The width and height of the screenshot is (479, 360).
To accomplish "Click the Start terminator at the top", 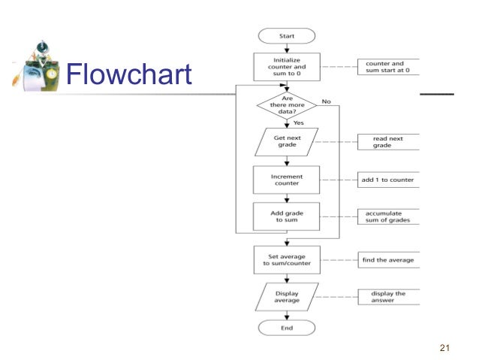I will tap(287, 36).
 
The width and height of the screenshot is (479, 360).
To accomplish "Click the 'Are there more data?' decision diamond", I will tap(286, 105).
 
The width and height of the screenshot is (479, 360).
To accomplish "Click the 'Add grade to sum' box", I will tap(286, 217).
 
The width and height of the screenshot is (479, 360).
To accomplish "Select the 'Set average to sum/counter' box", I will tap(286, 260).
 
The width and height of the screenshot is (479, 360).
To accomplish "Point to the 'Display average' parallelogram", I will tap(286, 297).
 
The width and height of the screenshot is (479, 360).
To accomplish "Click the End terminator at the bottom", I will tap(286, 328).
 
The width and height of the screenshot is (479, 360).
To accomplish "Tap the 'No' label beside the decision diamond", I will tap(326, 100).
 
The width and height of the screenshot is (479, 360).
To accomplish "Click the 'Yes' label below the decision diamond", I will tap(298, 122).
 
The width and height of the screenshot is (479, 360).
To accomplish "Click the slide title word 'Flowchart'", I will tap(128, 74).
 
